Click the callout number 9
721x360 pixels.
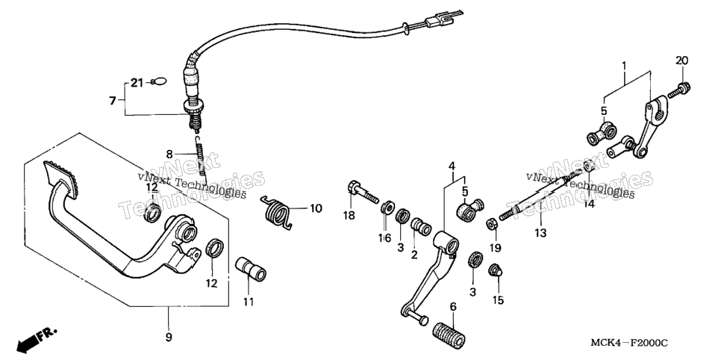coord(169,337)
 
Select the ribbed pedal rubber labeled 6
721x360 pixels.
coord(450,332)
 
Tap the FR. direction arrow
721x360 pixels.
coord(34,339)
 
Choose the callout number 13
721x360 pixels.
coord(540,233)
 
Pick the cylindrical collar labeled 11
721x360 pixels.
coord(251,270)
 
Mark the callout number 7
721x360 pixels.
coord(113,100)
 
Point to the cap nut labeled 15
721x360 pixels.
coord(496,270)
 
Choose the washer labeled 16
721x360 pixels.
coord(387,208)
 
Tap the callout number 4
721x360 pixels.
coord(452,166)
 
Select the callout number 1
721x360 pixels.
coord(624,66)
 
